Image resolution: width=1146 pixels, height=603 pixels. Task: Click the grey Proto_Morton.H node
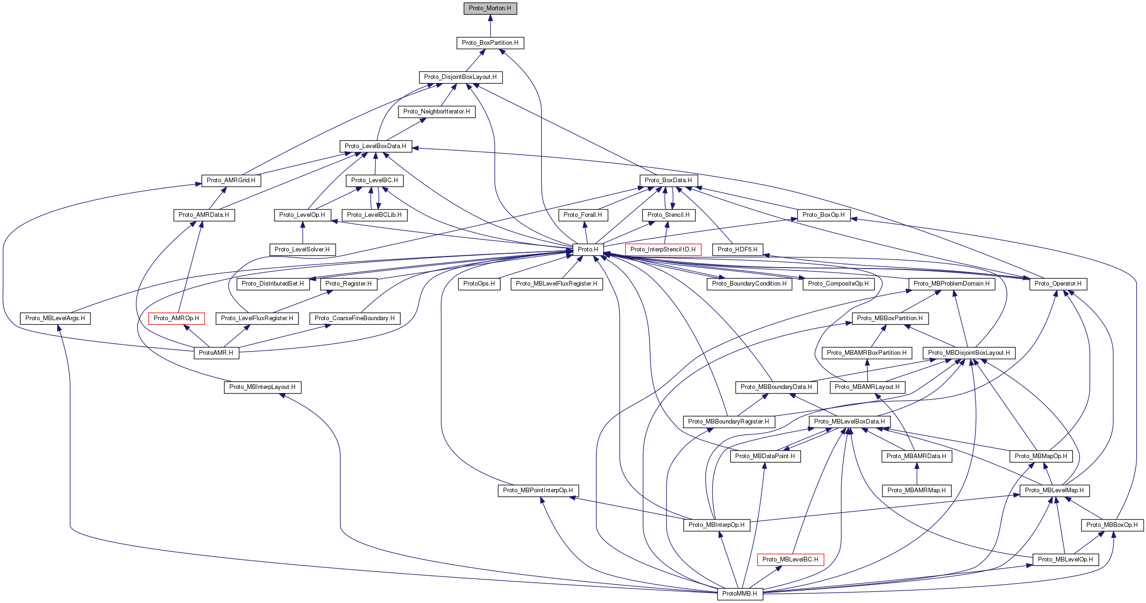coord(490,8)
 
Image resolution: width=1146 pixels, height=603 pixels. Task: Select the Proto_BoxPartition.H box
coord(490,43)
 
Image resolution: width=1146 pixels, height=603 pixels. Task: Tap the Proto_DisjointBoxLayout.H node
coord(460,77)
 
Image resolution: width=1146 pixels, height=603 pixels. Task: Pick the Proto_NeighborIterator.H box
coord(436,112)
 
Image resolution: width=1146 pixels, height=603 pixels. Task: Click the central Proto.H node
coord(588,250)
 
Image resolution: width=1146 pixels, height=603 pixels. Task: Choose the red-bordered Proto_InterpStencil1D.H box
coord(663,250)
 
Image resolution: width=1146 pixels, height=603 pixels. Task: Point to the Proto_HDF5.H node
coord(737,250)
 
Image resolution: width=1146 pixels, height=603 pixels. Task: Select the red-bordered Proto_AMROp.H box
coord(176,318)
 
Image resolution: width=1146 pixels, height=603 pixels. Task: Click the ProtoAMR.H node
coord(216,353)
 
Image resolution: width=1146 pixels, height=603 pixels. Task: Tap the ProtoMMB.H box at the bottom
coord(739,594)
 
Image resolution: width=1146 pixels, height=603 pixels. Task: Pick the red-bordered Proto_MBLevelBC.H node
coord(790,560)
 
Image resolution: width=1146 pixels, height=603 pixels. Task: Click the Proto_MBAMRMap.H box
coord(916,490)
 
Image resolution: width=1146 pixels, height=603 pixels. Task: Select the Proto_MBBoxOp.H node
coord(1112,525)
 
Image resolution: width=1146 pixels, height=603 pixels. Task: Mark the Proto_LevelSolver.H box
coord(302,250)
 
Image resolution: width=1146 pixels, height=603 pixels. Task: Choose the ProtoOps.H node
coord(479,284)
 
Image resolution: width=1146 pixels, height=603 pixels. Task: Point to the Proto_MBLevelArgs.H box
coord(55,318)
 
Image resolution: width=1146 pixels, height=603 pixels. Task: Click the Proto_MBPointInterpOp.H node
coord(538,490)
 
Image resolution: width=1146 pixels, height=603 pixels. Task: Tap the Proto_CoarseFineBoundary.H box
coord(354,318)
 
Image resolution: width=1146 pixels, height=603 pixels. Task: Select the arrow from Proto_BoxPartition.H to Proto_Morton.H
coord(490,26)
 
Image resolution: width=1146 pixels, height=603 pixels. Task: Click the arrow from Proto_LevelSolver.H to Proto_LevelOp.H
coord(303,233)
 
